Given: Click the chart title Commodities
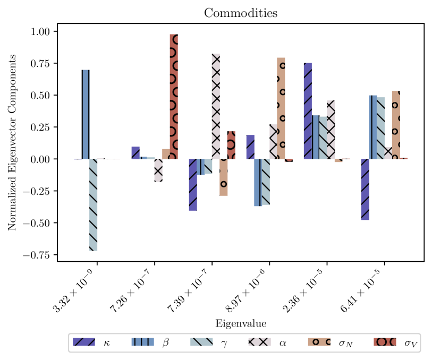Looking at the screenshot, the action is coord(241,13).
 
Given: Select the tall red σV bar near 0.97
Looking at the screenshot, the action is coord(174,97).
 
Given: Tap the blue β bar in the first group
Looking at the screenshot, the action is coord(86,115).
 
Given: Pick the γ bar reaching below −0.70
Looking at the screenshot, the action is coord(94,205).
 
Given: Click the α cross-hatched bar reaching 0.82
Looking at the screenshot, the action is coord(216,106).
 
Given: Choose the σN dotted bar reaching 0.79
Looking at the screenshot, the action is coord(281,108).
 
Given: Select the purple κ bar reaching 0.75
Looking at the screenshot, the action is coord(308,111).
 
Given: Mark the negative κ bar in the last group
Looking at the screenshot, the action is coord(366,190).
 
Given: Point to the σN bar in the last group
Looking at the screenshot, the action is coord(396,125).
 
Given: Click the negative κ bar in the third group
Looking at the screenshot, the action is coord(193,185).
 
